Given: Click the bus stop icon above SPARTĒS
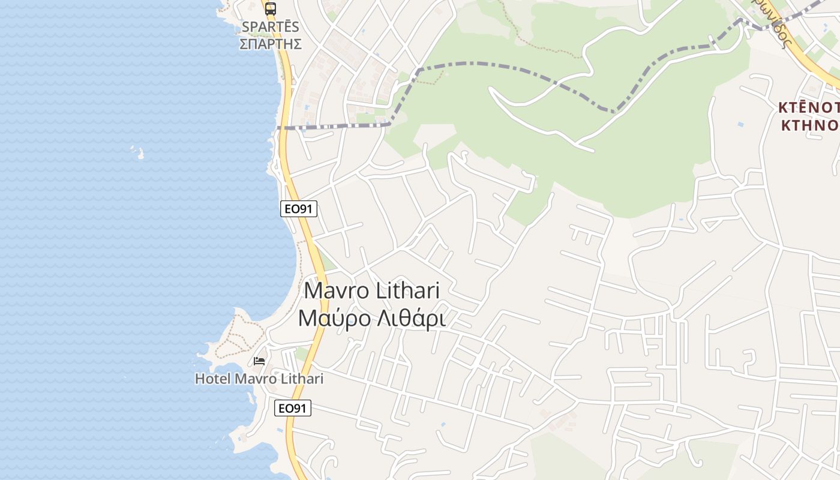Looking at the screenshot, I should point(271,8).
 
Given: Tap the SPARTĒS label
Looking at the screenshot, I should point(270,27).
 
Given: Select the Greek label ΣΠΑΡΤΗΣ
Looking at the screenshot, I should point(270,44).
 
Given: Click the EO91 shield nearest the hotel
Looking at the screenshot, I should point(293,409).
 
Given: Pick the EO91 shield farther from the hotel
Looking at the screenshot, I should point(299,209).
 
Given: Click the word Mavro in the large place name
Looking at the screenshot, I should point(336,291).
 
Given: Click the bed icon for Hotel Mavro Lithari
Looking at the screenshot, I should point(259,361).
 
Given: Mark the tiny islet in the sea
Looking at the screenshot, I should point(140,154).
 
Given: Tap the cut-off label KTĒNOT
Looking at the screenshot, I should point(809,107).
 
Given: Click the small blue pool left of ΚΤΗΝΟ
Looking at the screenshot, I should point(740,124).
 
